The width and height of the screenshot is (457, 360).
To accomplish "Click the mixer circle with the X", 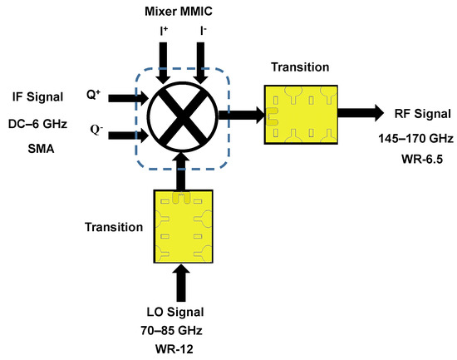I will tap(183, 116).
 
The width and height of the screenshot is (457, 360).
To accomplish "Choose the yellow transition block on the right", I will tap(303, 113).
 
